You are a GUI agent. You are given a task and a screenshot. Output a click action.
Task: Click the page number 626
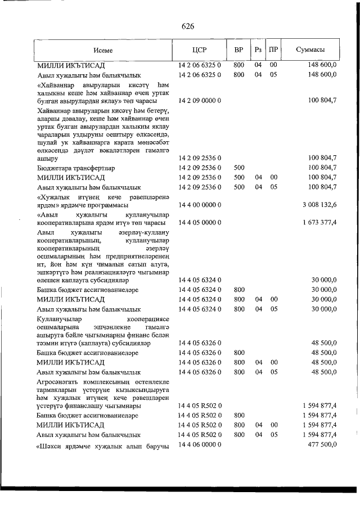pyautogui.click(x=188, y=26)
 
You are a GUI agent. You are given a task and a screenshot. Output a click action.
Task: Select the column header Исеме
pyautogui.click(x=103, y=49)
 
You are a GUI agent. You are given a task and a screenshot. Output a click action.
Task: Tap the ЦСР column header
pyautogui.click(x=200, y=49)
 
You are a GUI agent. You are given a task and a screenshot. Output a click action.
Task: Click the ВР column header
pyautogui.click(x=238, y=49)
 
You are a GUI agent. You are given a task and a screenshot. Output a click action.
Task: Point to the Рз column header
pyautogui.click(x=258, y=49)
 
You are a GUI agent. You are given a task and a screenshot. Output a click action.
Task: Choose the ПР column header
pyautogui.click(x=273, y=49)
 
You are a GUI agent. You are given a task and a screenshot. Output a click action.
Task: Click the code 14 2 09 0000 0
pyautogui.click(x=200, y=101)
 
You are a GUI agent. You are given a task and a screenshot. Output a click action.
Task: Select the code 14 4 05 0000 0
pyautogui.click(x=200, y=223)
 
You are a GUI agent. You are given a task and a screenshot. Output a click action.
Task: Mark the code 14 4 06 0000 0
pyautogui.click(x=200, y=445)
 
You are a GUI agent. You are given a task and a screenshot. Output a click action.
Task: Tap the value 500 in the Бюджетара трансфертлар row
pyautogui.click(x=238, y=168)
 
